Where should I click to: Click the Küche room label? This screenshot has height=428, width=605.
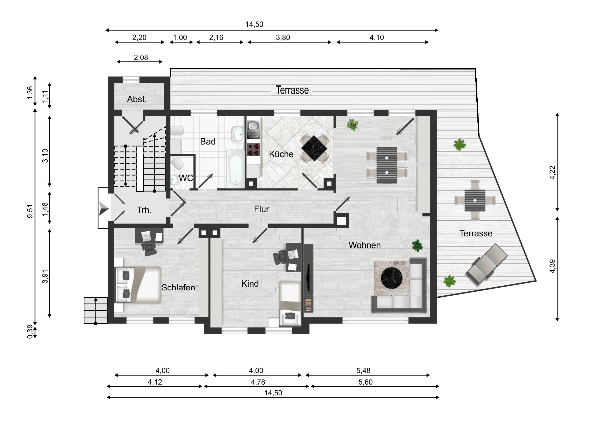[281, 154]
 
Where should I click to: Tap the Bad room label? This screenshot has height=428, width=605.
[208, 142]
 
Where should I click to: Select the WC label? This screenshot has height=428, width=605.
[186, 178]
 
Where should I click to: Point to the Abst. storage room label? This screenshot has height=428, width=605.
[137, 99]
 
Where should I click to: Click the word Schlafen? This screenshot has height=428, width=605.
[178, 287]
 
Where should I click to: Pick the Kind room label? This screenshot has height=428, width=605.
[250, 284]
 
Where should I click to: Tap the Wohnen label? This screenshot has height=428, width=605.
[364, 245]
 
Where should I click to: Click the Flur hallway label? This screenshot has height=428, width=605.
[261, 209]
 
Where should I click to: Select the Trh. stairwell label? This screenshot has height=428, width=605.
[144, 210]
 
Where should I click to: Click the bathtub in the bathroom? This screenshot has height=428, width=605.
[236, 168]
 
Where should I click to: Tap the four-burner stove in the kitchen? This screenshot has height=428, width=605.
[254, 150]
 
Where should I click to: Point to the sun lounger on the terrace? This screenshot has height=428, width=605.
[487, 264]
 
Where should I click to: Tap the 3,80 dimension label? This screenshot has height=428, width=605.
[283, 38]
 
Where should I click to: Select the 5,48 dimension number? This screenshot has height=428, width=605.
[363, 371]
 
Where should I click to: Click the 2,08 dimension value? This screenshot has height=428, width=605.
[141, 57]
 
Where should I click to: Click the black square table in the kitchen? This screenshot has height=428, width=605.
[314, 148]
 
